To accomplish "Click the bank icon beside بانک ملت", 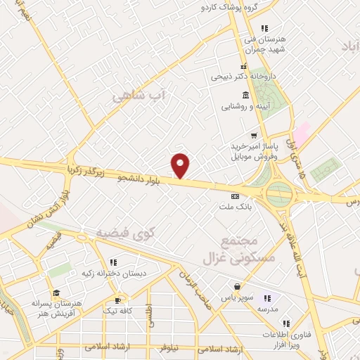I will pyautogui.click(x=236, y=196).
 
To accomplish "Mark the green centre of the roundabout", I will pyautogui.click(x=278, y=192).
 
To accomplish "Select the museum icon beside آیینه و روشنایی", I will pyautogui.click(x=245, y=95).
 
